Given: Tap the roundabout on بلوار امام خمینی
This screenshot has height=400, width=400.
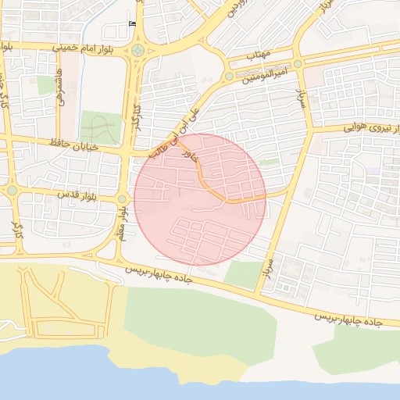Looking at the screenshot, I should [x=138, y=51].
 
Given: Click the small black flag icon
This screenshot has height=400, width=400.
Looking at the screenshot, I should [x=131, y=23].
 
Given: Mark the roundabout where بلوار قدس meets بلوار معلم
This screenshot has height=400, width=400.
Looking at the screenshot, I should [x=122, y=199].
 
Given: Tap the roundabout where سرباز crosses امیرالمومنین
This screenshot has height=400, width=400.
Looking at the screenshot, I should [x=298, y=64].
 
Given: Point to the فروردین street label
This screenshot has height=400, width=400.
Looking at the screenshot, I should [x=237, y=9].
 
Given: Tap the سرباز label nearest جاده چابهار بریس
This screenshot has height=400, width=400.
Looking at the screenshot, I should [x=268, y=270].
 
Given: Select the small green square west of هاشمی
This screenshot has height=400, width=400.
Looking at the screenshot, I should [x=45, y=85].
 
